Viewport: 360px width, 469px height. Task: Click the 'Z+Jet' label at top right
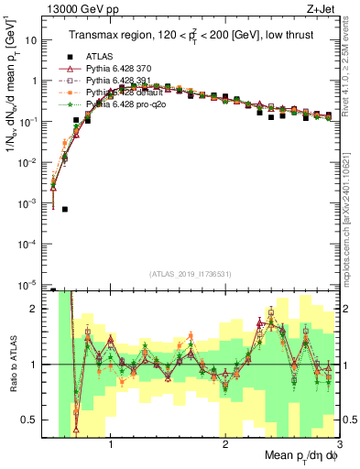[x=322, y=8]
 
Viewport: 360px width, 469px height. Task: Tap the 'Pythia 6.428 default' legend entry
[x=109, y=93]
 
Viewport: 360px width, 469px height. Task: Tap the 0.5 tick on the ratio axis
[x=36, y=420]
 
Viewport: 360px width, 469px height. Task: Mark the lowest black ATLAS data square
[x=65, y=209]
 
